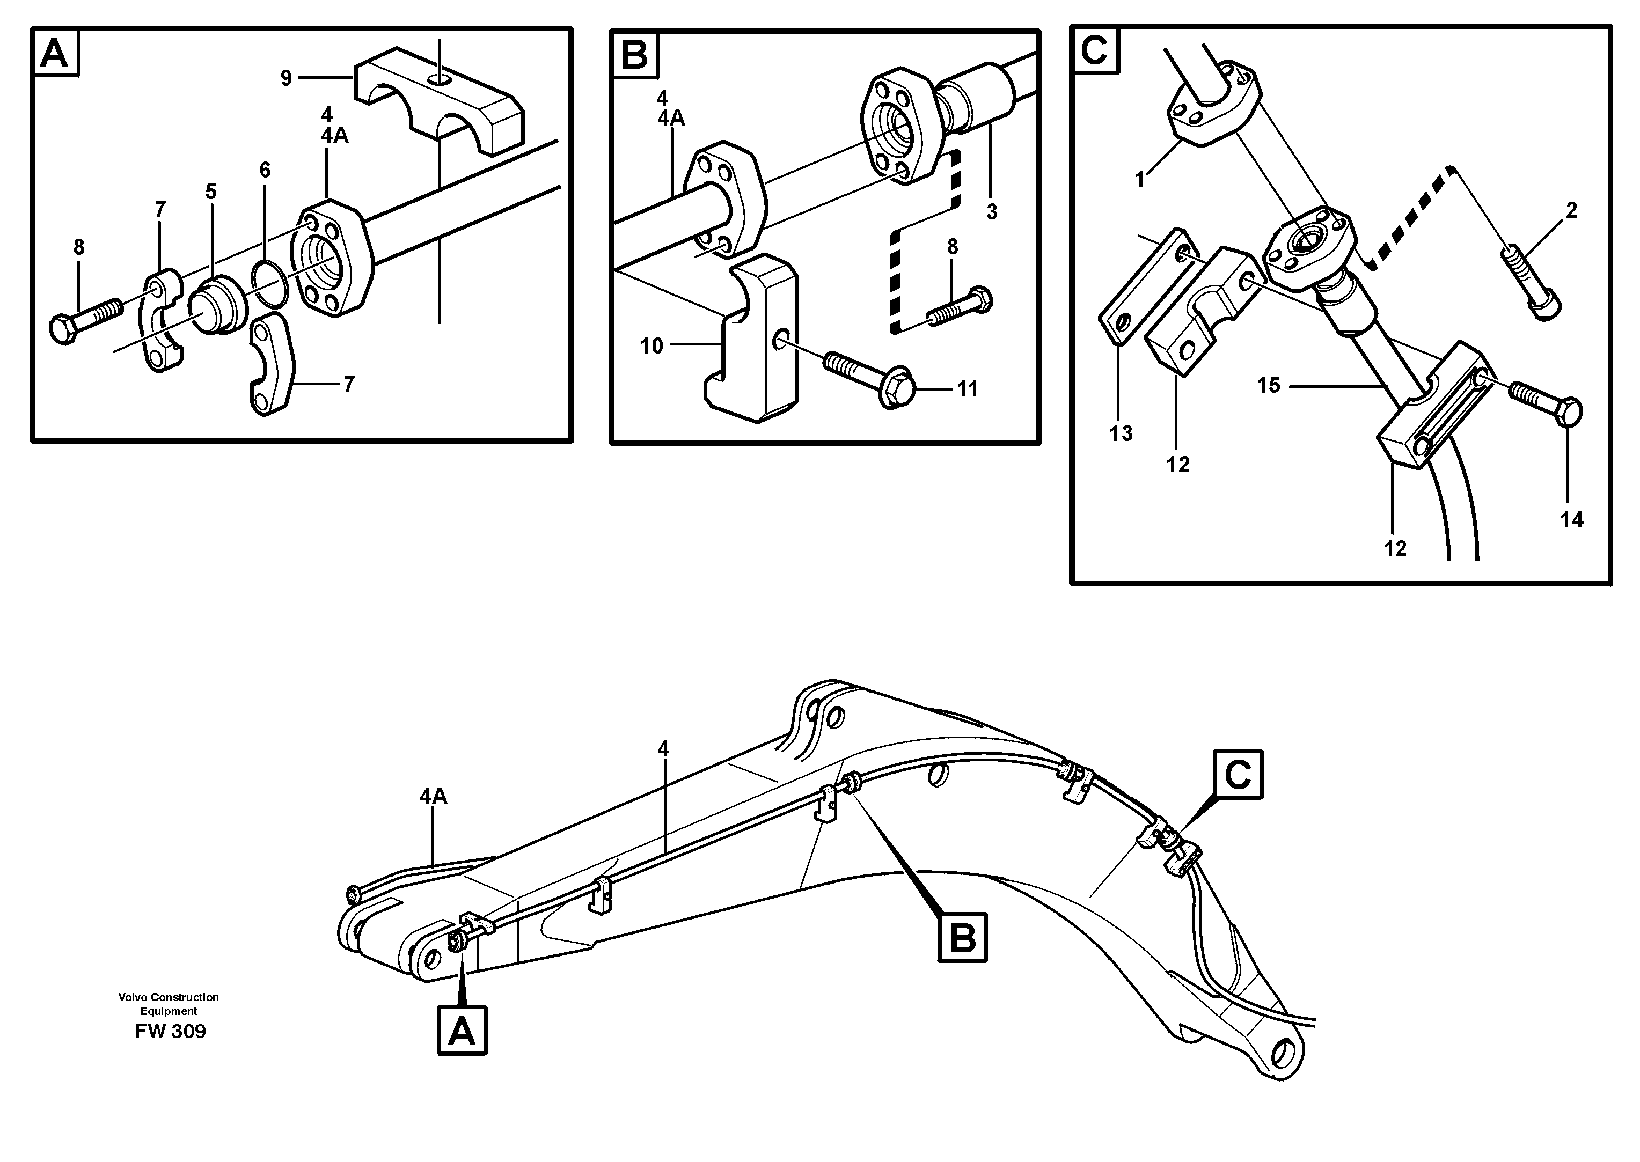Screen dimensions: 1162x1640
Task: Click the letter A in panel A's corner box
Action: point(54,53)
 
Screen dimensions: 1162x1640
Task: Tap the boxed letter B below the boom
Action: point(962,937)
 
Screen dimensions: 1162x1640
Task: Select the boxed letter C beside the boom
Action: point(1238,774)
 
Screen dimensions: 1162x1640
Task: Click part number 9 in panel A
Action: point(286,78)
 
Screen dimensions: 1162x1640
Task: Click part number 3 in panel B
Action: point(991,212)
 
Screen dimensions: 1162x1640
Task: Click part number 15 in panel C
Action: point(1268,386)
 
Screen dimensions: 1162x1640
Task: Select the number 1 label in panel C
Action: point(1140,180)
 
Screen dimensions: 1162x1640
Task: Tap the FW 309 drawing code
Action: point(170,1031)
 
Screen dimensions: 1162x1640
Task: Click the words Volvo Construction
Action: point(169,997)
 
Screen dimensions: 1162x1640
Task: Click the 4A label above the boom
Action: point(434,796)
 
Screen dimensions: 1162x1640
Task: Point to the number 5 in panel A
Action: point(210,191)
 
